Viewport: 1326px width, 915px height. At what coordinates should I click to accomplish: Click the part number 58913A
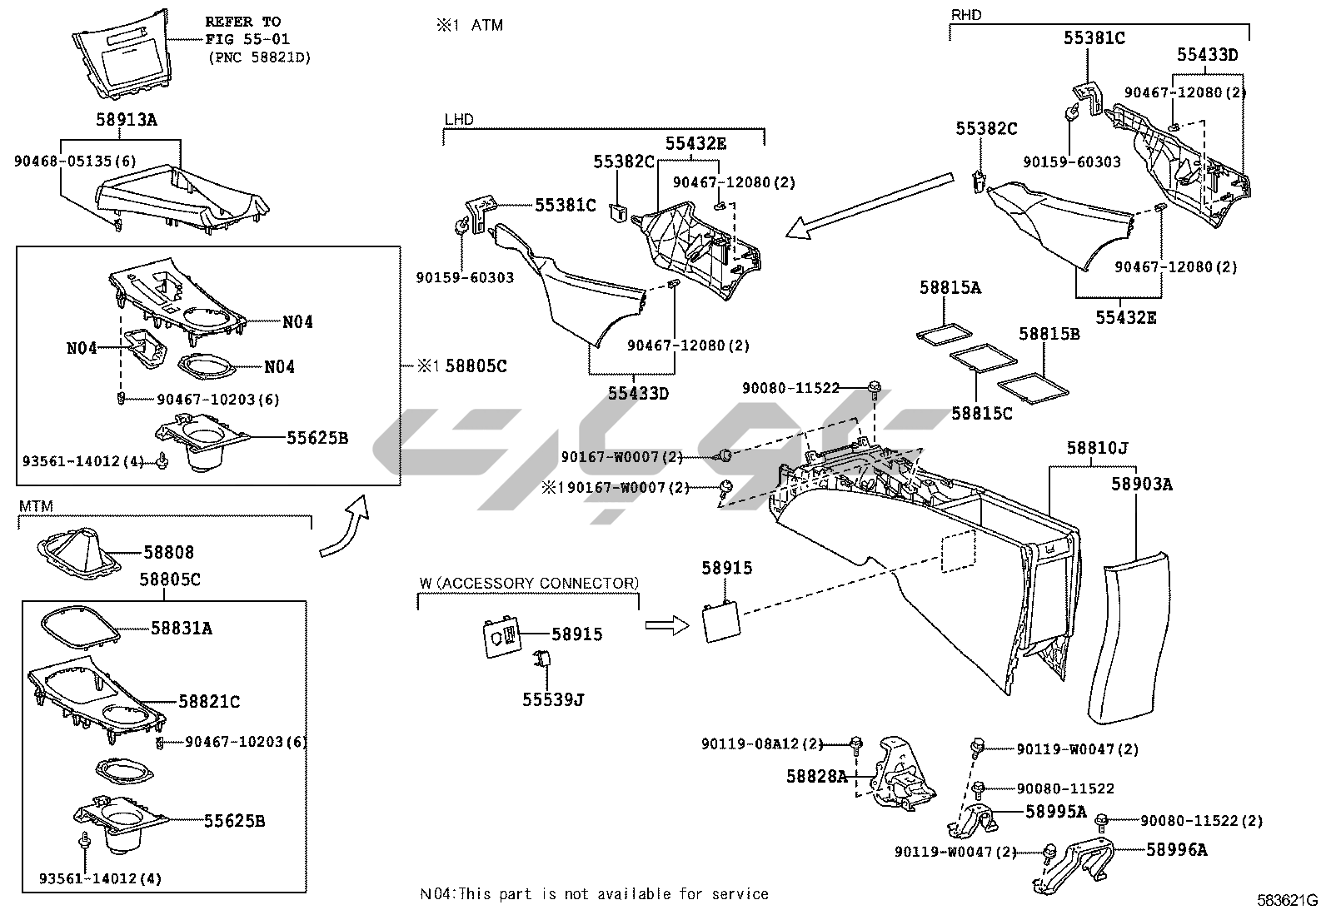click(126, 120)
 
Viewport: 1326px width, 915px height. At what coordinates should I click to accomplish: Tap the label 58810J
click(1097, 449)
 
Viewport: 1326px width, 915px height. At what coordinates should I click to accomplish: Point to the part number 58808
click(168, 552)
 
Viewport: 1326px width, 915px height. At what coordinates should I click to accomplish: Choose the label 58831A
click(181, 629)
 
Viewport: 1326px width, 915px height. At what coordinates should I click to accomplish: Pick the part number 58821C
click(208, 703)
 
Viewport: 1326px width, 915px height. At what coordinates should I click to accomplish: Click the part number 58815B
click(1049, 334)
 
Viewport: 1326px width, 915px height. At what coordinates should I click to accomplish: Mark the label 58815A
click(950, 288)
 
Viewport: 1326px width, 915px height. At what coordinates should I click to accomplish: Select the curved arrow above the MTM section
click(345, 527)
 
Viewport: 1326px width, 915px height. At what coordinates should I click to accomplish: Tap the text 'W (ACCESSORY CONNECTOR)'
click(529, 583)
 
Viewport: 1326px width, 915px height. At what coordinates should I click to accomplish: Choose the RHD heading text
click(966, 14)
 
